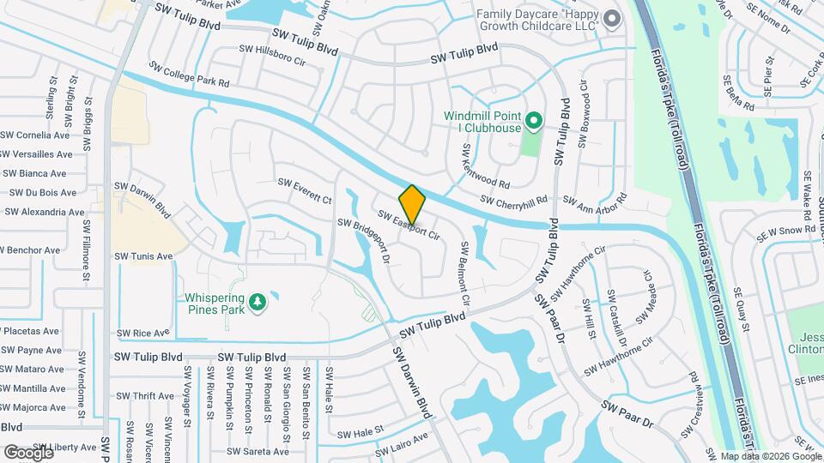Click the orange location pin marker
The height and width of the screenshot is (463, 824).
click(x=412, y=204)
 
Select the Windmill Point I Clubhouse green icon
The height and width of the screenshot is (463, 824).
click(x=533, y=122)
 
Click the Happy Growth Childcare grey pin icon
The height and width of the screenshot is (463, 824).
click(x=611, y=20)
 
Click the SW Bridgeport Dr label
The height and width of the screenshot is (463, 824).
click(x=365, y=240)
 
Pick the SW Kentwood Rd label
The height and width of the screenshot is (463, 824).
click(x=485, y=167)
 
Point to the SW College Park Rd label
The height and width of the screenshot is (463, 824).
click(x=189, y=74)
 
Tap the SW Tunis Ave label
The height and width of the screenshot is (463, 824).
click(x=143, y=256)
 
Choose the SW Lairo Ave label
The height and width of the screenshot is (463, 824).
click(x=402, y=442)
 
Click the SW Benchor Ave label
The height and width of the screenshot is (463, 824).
click(x=30, y=250)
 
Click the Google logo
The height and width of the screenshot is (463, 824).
click(x=28, y=452)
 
